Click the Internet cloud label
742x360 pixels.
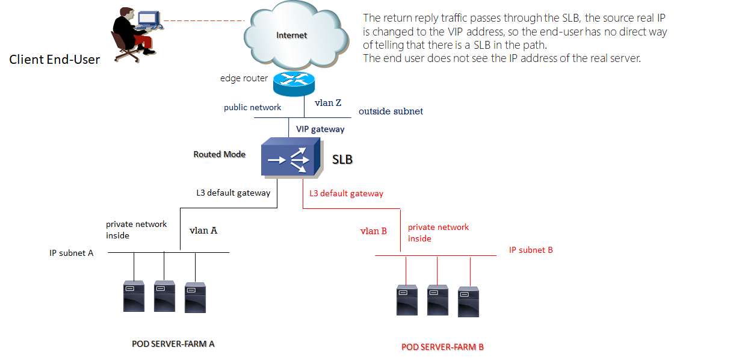[x=291, y=36]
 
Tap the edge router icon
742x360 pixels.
[x=293, y=84]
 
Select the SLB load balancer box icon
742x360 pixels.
[x=291, y=158]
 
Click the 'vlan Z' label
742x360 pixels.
[x=328, y=103]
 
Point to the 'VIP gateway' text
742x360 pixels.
[x=320, y=129]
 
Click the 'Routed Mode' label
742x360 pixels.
[x=219, y=155]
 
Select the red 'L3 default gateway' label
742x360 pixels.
[x=346, y=194]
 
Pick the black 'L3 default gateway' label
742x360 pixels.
[x=233, y=193]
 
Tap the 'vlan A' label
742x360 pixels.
[x=203, y=230]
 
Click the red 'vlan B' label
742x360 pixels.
[x=373, y=231]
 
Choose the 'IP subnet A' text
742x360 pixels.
[x=71, y=253]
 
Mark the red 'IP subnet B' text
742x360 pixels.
[x=530, y=250]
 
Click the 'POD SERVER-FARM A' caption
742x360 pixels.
[x=173, y=344]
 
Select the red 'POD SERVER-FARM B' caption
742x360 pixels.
[x=442, y=347]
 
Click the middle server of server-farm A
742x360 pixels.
[x=164, y=296]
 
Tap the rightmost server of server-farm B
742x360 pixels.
[x=468, y=302]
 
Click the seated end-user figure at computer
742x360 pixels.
[x=132, y=34]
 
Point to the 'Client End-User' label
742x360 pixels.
[x=54, y=60]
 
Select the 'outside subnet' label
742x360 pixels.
[x=391, y=111]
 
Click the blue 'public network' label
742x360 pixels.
[x=252, y=108]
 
